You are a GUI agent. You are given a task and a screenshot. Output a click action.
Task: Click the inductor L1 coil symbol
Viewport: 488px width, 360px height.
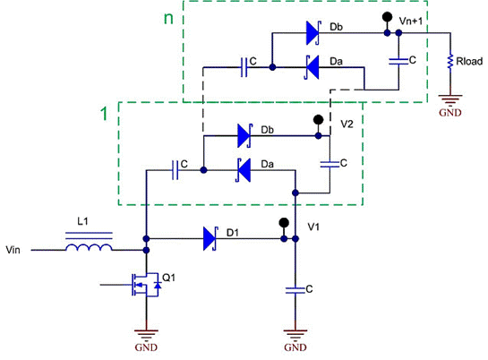(90, 245)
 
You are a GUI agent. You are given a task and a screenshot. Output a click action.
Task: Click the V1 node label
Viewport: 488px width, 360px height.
(313, 227)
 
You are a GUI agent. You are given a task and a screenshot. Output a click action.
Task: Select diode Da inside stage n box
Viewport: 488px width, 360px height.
(312, 65)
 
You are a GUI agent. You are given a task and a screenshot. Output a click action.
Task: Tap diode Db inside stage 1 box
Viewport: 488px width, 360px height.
(243, 137)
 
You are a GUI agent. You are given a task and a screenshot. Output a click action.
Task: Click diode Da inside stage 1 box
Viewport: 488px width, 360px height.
(243, 167)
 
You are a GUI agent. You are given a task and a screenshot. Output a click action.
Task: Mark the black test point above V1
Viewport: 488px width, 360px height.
(286, 222)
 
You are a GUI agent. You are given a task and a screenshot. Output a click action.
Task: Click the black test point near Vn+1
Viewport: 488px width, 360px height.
(387, 18)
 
